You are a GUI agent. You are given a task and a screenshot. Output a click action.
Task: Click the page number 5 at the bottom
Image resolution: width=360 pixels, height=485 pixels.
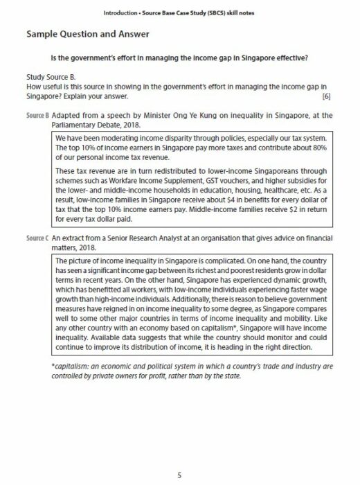coord(179,456)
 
